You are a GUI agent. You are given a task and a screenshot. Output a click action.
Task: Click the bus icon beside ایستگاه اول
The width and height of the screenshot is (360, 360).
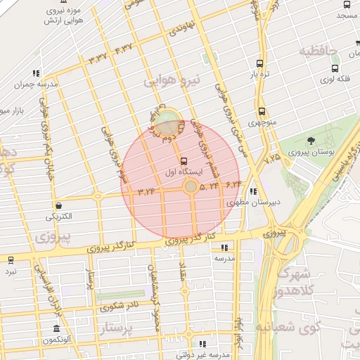coord(184,160)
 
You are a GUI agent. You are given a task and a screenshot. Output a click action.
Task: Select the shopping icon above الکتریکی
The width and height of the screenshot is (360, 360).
coord(58,205)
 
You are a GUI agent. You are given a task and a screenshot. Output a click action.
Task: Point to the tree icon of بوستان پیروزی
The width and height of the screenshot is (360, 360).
coord(311,141)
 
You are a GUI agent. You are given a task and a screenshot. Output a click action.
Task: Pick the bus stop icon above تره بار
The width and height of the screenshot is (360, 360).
coord(261,62)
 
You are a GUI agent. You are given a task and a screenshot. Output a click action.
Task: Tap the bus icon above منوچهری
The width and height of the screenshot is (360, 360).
coord(262,111)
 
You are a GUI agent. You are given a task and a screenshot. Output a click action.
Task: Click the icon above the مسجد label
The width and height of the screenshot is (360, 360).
coord(346,3)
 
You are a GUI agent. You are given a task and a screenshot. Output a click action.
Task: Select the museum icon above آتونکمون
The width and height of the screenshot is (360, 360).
coord(56,329)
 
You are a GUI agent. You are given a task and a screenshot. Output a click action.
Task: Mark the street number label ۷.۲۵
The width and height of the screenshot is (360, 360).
coord(272,157)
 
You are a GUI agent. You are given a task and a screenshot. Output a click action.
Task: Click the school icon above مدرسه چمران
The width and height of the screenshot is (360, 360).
coord(35,73)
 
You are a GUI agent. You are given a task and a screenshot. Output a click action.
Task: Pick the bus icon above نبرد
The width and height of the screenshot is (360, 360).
coord(10,259)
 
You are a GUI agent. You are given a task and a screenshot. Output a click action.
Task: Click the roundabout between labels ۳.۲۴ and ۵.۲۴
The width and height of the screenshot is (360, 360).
coord(191,186)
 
